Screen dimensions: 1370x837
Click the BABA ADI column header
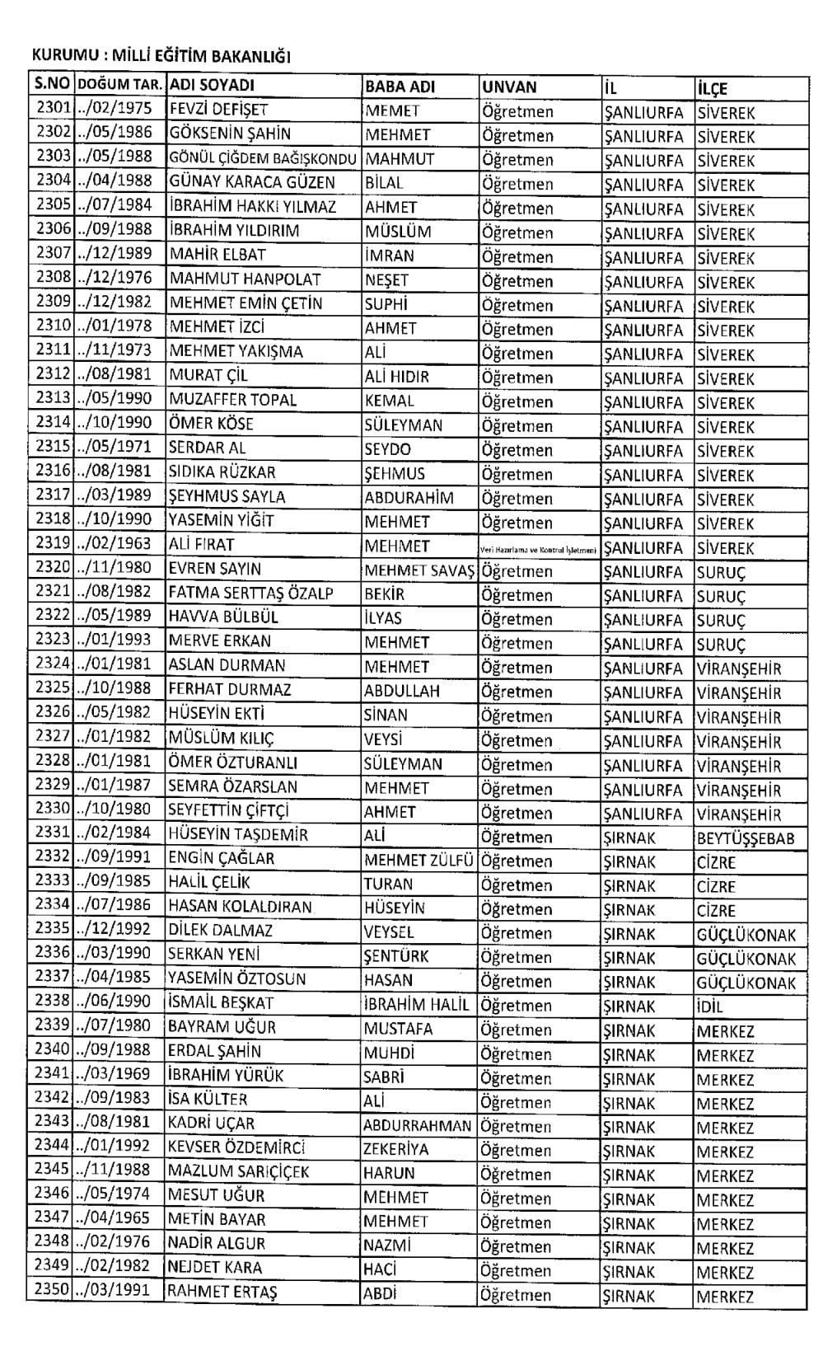[x=400, y=87]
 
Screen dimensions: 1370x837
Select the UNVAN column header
[x=509, y=87]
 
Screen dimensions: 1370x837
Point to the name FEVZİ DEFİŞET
[x=218, y=110]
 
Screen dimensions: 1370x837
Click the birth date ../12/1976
[x=114, y=278]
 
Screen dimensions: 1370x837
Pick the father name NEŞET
[x=386, y=279]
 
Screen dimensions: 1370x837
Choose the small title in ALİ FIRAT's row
[x=539, y=548]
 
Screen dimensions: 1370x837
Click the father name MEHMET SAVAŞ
[x=420, y=570]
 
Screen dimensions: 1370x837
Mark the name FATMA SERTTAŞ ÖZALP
[x=250, y=594]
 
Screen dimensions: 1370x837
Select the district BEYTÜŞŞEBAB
[x=745, y=839]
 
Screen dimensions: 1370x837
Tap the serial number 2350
[x=53, y=1290]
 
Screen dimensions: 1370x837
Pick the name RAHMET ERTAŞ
[x=222, y=1292]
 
